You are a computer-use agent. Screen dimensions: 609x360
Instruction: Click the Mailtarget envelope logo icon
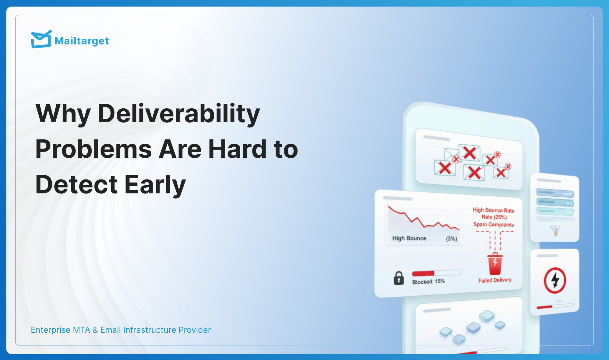pyautogui.click(x=41, y=39)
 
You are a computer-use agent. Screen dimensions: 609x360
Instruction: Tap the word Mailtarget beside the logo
pyautogui.click(x=82, y=41)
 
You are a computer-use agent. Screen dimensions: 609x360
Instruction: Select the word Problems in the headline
pyautogui.click(x=93, y=149)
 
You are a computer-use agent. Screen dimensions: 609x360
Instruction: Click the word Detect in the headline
pyautogui.click(x=76, y=185)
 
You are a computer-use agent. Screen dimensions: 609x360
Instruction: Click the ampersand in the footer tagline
pyautogui.click(x=95, y=330)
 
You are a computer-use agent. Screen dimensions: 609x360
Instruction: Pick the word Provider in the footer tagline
pyautogui.click(x=195, y=330)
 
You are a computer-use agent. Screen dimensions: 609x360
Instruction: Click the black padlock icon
pyautogui.click(x=399, y=278)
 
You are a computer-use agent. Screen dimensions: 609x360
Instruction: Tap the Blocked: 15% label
pyautogui.click(x=428, y=281)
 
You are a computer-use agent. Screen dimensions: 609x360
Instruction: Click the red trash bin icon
pyautogui.click(x=495, y=264)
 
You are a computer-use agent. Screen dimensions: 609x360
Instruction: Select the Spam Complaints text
pyautogui.click(x=494, y=225)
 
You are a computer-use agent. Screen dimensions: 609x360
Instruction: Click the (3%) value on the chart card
pyautogui.click(x=452, y=239)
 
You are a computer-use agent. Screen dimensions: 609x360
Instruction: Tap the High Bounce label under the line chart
pyautogui.click(x=409, y=238)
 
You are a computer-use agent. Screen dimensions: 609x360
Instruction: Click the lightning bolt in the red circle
pyautogui.click(x=555, y=280)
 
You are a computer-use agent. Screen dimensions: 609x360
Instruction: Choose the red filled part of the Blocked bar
pyautogui.click(x=423, y=273)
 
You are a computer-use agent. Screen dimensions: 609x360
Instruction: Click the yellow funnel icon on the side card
pyautogui.click(x=555, y=230)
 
